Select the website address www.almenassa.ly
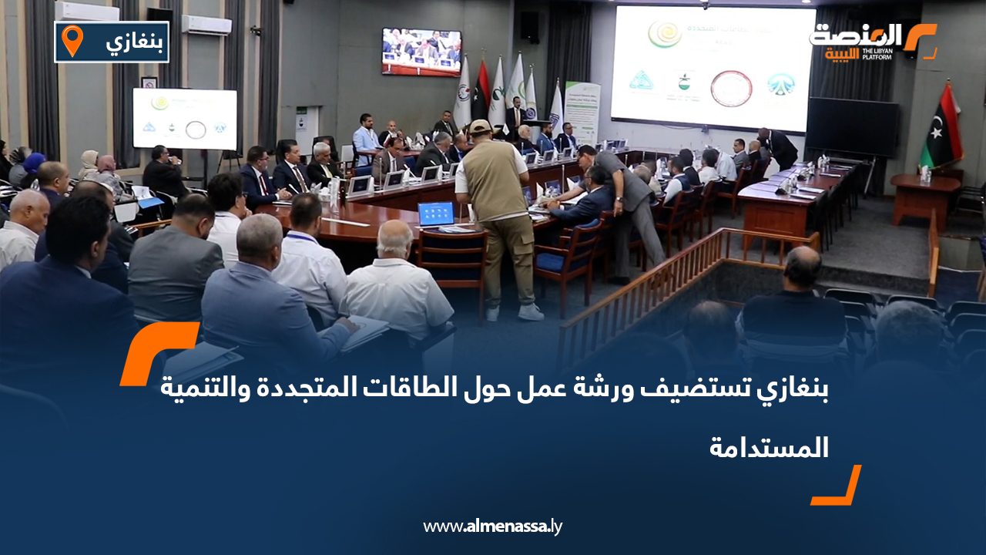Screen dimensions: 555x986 [493, 526]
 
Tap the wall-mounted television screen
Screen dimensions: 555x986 [421, 52]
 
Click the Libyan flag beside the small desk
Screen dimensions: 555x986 [941, 126]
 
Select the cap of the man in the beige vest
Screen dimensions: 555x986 [480, 126]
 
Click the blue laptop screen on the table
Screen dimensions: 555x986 [436, 214]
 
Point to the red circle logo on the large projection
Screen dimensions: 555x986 [730, 88]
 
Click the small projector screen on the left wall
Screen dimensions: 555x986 [185, 119]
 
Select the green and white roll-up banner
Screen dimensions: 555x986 [582, 111]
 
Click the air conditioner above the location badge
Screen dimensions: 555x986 [86, 11]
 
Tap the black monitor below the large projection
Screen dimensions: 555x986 [851, 126]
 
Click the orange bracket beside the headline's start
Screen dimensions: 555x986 [158, 351]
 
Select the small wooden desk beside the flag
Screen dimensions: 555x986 [924, 198]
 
